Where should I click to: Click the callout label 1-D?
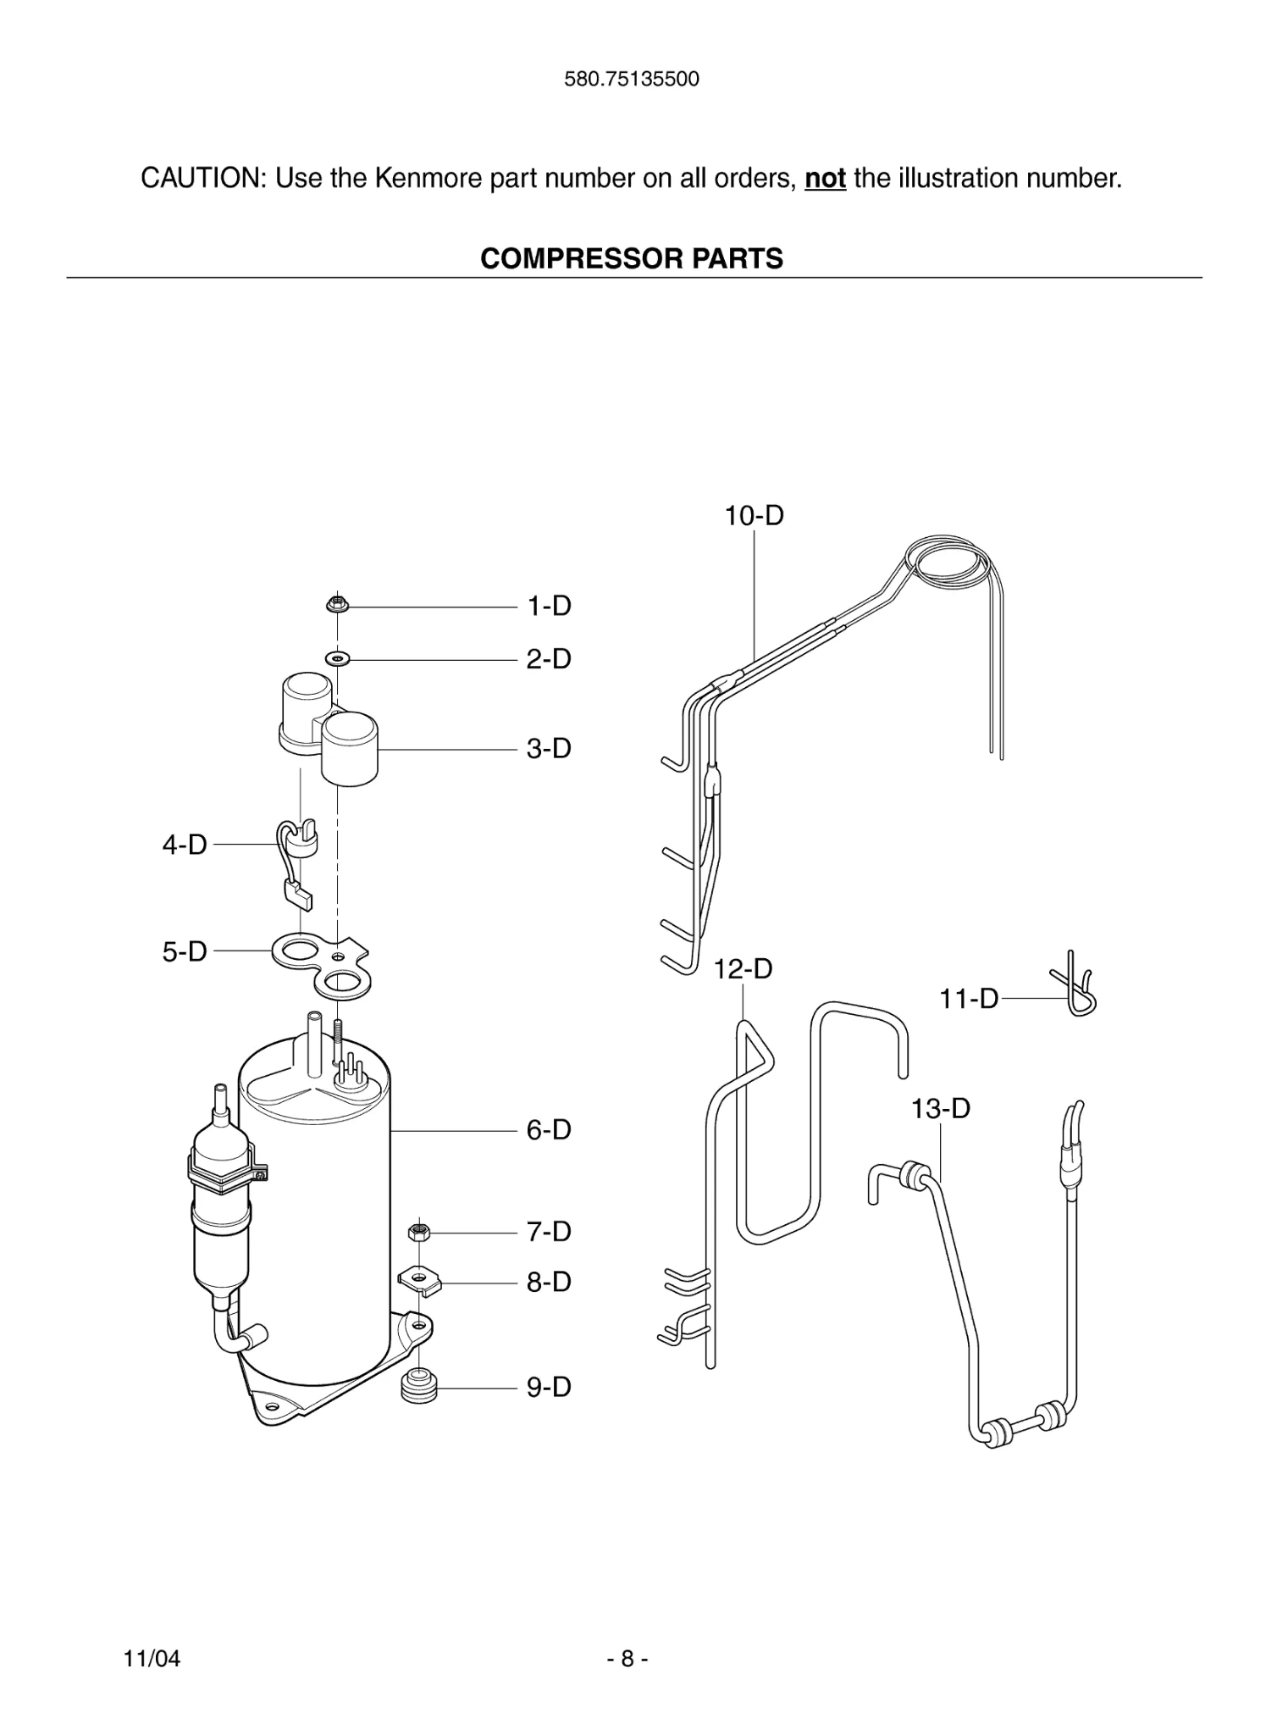[549, 607]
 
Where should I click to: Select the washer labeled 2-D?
[338, 658]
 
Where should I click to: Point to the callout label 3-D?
[549, 749]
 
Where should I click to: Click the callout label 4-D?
[185, 845]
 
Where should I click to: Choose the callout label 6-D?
[549, 1130]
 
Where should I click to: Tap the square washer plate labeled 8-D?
[420, 1280]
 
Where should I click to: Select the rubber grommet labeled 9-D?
[417, 1388]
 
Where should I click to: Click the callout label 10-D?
[754, 515]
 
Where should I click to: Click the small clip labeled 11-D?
[1076, 985]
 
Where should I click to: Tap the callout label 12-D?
[743, 969]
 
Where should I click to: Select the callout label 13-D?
[940, 1108]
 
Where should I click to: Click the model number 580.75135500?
[632, 80]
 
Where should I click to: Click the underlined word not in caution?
[825, 179]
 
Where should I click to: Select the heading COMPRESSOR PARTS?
[632, 258]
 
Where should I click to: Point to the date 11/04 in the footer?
[152, 1659]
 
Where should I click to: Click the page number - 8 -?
[627, 1659]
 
